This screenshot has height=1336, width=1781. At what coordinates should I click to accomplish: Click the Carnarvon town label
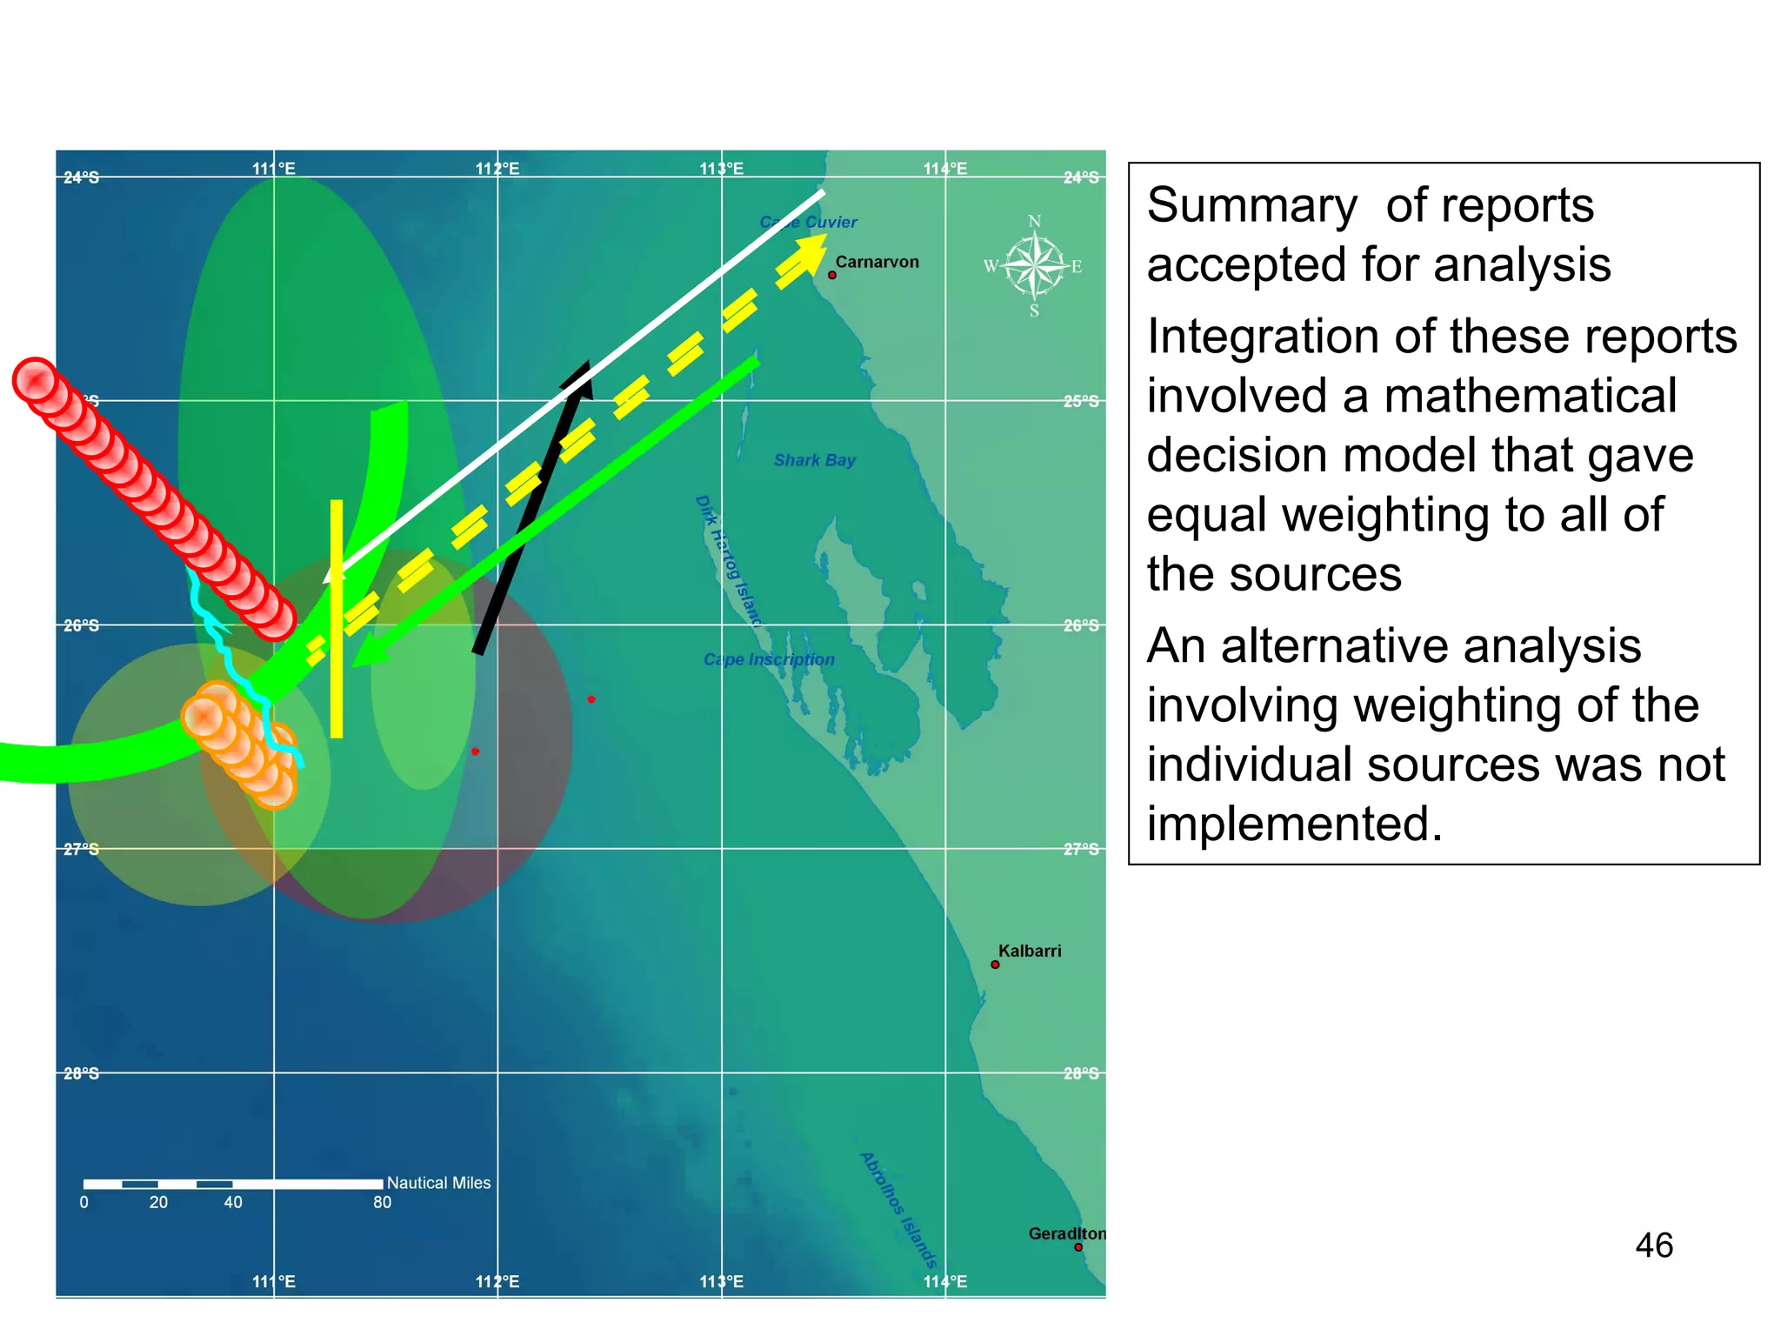(877, 262)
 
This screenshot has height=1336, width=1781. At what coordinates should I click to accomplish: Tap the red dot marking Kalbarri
(995, 965)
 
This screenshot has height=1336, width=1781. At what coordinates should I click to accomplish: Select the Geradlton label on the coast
(1066, 1233)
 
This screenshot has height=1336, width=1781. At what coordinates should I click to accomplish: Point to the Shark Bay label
(815, 460)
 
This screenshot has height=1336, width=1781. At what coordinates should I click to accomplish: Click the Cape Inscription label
(769, 659)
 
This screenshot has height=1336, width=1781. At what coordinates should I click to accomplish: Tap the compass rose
(1033, 265)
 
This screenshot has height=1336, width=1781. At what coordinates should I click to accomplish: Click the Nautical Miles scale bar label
(438, 1183)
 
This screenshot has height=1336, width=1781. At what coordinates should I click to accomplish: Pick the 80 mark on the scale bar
(382, 1203)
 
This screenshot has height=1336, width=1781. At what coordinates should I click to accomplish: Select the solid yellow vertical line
(337, 618)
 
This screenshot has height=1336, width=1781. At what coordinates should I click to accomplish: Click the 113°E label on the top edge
(721, 169)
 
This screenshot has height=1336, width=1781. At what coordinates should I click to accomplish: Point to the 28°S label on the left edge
(81, 1073)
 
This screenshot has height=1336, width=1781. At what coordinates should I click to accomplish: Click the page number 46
(1653, 1246)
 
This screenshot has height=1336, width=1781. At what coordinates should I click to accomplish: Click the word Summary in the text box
(1251, 206)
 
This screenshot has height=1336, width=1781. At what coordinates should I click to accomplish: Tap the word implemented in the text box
(1293, 824)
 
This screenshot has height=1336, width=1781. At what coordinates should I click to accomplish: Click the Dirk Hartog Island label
(728, 561)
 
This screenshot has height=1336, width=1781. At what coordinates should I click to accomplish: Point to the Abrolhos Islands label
(898, 1210)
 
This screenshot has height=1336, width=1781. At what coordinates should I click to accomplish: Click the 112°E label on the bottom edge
(497, 1281)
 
